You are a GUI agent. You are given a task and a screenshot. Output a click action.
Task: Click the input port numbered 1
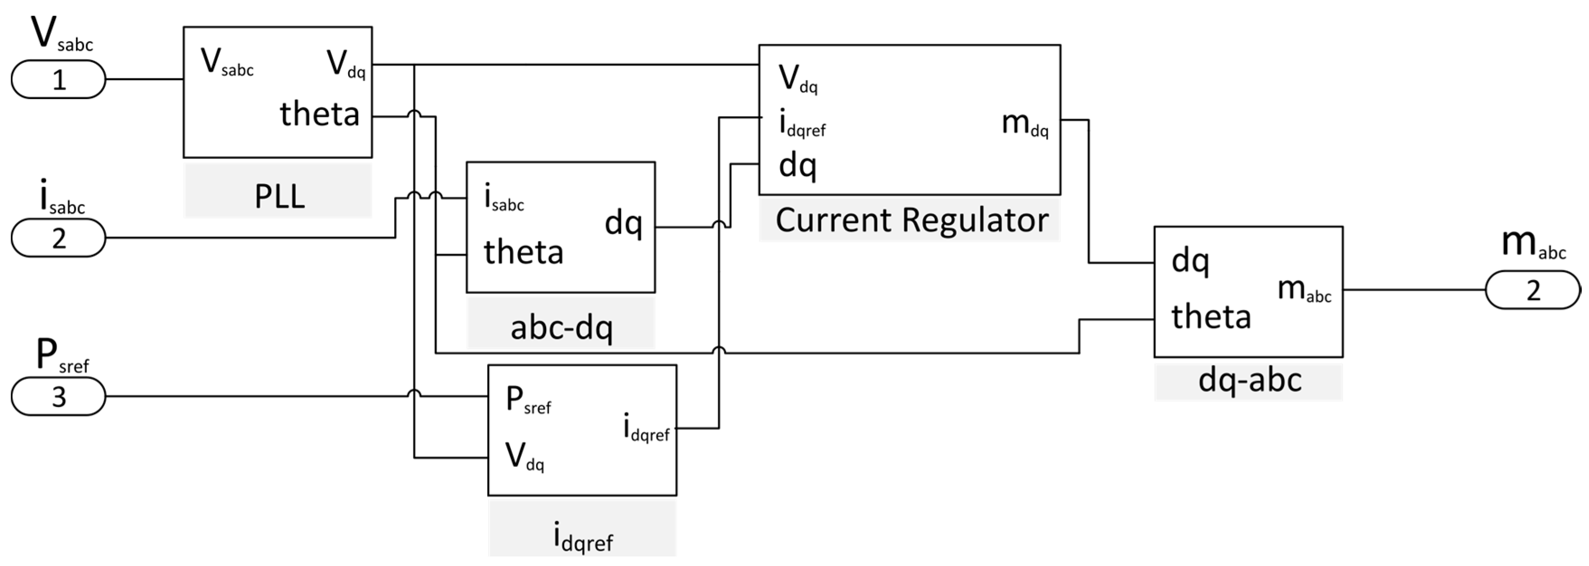pos(59,80)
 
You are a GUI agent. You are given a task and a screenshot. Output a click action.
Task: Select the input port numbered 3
pos(59,396)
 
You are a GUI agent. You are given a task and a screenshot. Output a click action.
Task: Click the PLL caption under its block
pos(279,197)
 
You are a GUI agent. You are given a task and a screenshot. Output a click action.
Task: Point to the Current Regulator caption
pos(911,220)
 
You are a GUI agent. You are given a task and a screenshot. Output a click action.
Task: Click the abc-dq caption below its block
pos(561,328)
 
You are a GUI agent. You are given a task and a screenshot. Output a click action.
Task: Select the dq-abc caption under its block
pos(1249,380)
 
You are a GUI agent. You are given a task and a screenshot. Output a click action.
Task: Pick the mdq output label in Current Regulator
pos(1024,124)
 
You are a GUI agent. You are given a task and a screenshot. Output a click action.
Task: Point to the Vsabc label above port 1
pos(61,36)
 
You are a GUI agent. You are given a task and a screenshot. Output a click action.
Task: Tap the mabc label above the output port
pos(1533,244)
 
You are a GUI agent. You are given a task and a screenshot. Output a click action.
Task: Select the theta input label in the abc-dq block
pos(523,252)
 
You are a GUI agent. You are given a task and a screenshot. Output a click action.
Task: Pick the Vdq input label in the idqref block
pos(525,457)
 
